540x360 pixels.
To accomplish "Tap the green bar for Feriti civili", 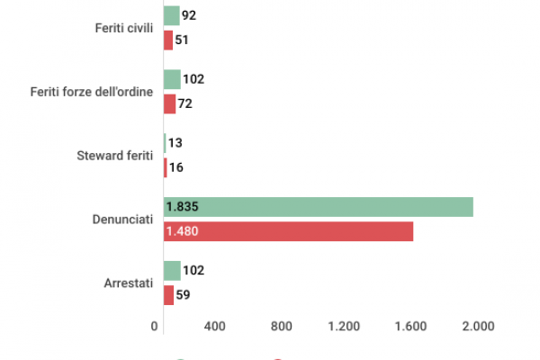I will click(171, 15).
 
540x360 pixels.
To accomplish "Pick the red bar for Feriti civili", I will click(168, 40).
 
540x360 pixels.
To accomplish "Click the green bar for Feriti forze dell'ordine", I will click(172, 79).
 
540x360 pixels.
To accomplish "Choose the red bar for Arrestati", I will click(168, 295).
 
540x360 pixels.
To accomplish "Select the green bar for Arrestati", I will click(172, 271).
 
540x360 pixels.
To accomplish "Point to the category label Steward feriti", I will click(116, 156).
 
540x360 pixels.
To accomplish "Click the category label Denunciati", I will click(123, 220).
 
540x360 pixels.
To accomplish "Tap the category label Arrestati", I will click(130, 283).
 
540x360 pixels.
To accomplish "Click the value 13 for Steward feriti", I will click(175, 143).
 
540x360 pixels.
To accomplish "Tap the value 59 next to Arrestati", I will click(184, 295).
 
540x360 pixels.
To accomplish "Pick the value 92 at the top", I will click(189, 15).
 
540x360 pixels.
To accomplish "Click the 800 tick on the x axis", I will click(282, 327).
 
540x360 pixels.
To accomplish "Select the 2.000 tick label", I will click(478, 327).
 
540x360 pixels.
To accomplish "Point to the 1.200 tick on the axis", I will click(345, 327).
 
